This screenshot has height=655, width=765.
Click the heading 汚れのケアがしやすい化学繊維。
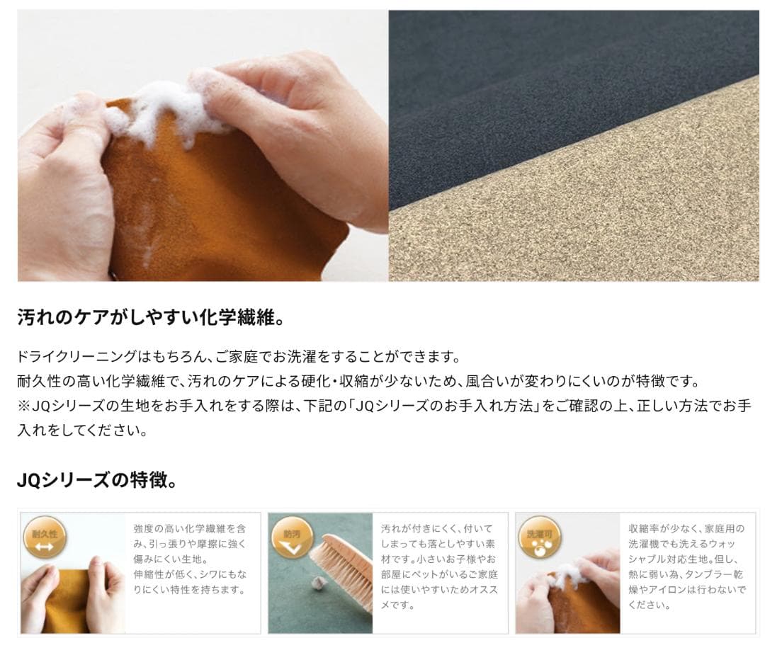(151, 317)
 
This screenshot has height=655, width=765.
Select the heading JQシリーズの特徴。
(97, 480)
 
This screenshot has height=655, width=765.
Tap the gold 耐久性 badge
(45, 539)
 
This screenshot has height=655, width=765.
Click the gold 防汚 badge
(292, 539)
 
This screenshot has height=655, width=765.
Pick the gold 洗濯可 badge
(539, 539)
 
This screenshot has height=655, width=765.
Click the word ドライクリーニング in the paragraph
(76, 356)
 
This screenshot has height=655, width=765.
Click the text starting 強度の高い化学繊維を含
(190, 559)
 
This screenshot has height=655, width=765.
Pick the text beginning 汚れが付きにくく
(439, 566)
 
